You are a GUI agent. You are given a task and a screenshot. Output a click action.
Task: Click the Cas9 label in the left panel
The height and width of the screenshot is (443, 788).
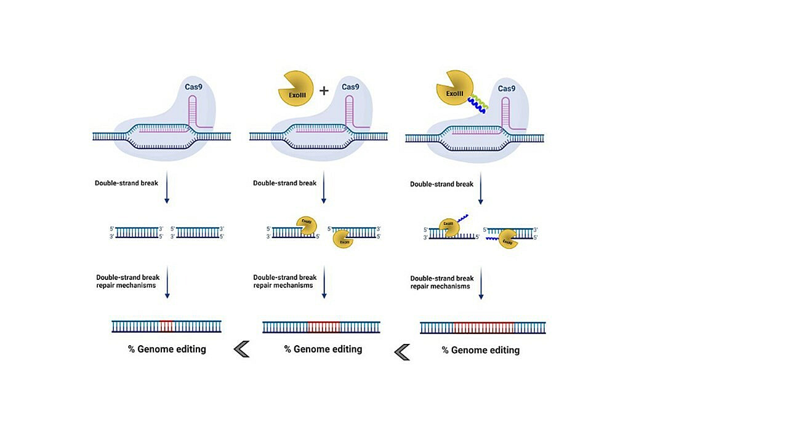coord(195,87)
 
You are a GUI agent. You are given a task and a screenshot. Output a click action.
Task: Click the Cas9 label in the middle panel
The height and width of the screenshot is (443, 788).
coord(350,87)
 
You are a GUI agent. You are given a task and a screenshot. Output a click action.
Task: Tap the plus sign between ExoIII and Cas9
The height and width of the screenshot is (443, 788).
coord(324,91)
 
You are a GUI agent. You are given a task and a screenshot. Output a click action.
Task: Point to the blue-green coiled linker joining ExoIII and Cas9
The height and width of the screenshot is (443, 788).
coord(477,104)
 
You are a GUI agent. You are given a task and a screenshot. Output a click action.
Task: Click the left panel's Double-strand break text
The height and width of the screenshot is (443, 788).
coord(126,183)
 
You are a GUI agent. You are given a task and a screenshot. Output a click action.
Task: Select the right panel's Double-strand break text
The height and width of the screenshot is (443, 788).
coord(441,184)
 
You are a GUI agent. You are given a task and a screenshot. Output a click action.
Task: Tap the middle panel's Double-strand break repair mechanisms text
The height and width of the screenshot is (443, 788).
coord(284,281)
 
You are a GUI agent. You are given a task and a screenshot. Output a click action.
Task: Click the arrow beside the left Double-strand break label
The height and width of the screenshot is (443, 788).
coord(167,191)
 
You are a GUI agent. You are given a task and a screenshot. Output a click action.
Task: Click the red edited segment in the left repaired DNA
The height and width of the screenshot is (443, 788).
coord(166,326)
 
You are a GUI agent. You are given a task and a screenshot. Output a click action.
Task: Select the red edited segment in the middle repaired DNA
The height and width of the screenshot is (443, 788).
coord(324,327)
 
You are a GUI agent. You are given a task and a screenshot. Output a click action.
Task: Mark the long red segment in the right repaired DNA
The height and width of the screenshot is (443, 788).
coord(483,327)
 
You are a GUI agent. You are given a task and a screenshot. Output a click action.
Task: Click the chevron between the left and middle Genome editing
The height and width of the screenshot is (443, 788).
coord(242,349)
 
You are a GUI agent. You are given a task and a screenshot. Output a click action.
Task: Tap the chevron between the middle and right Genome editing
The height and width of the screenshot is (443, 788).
coord(402,352)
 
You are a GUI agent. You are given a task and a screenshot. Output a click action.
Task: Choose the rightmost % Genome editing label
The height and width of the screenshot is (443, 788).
coord(481,350)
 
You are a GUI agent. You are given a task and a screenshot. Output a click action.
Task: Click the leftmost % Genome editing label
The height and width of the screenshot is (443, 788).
coord(167,349)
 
